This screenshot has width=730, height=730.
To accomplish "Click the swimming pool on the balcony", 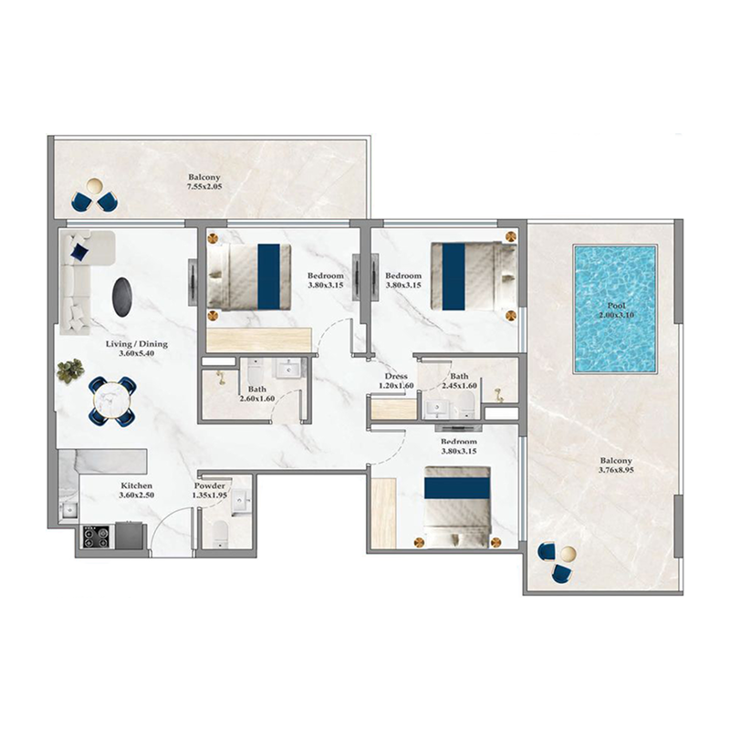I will tap(613, 308).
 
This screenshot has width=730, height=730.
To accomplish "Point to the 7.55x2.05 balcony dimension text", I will tap(204, 187).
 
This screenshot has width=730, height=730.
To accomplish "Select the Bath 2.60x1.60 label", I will tap(231, 393).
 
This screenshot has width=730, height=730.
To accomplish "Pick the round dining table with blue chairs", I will tap(110, 399).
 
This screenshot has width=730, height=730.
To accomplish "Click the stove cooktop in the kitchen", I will tap(97, 537).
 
